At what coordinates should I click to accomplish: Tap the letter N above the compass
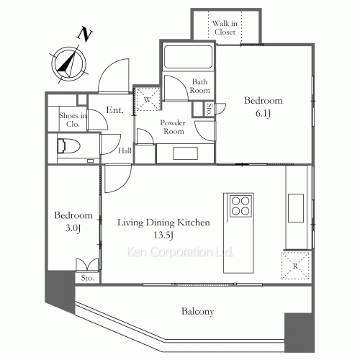(86, 34)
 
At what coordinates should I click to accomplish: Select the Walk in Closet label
(226, 27)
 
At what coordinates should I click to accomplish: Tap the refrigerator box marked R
(296, 264)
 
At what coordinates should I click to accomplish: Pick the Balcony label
(197, 312)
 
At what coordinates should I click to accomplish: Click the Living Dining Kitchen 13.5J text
(164, 229)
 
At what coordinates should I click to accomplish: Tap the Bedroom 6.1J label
(263, 106)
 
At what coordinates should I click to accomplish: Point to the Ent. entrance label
(115, 110)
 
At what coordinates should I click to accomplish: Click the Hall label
(125, 150)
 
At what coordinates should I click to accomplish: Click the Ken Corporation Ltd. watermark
(179, 253)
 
